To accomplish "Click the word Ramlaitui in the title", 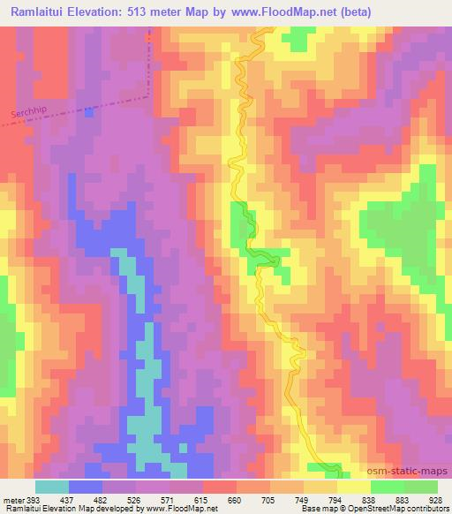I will pyautogui.click(x=39, y=12).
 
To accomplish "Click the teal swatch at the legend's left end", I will pyautogui.click(x=51, y=487).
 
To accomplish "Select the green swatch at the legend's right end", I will pyautogui.click(x=420, y=487).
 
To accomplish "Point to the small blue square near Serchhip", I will pyautogui.click(x=88, y=112).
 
